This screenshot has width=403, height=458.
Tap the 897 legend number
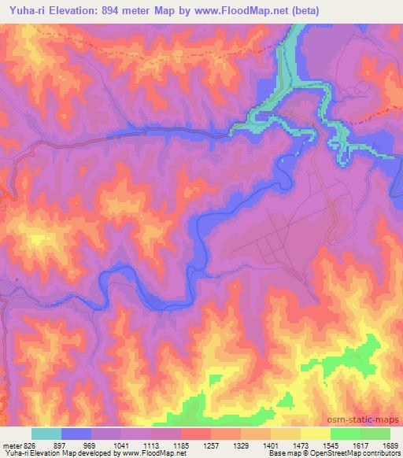click(x=61, y=445)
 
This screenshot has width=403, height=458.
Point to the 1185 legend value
click(x=180, y=445)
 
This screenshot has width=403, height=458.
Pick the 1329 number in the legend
click(x=241, y=445)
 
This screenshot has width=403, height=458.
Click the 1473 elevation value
click(x=301, y=445)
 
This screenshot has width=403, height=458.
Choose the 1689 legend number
click(x=390, y=445)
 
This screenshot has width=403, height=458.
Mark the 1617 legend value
click(x=360, y=445)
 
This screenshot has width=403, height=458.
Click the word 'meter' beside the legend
click(x=10, y=445)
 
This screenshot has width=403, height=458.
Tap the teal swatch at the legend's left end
click(x=46, y=434)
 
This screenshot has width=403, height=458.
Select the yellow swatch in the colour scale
click(x=315, y=434)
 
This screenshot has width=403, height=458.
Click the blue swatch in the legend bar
click(x=76, y=434)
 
